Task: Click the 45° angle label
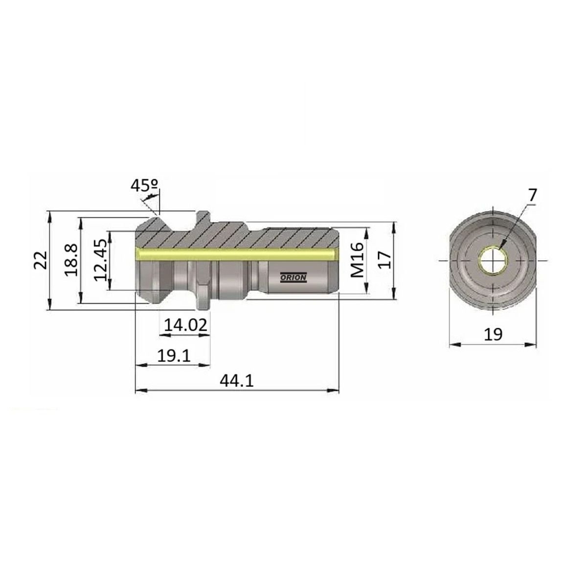click(144, 185)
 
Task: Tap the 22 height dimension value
click(41, 260)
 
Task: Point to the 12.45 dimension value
click(100, 260)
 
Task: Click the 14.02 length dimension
click(185, 325)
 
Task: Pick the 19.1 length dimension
click(174, 356)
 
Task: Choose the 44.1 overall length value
click(236, 381)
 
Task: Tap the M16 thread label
click(357, 260)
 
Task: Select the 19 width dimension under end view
click(493, 335)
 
